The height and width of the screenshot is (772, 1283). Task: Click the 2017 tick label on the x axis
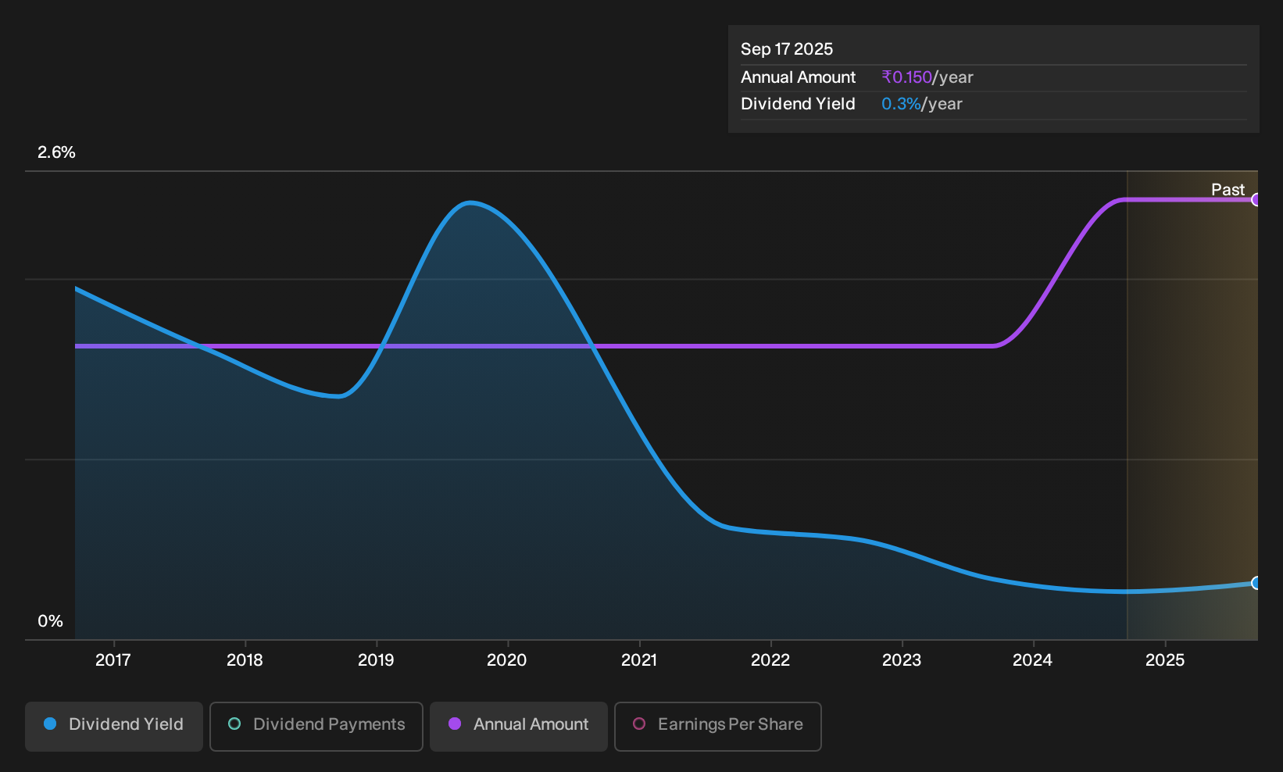[113, 659]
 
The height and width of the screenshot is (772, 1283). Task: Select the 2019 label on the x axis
[377, 659]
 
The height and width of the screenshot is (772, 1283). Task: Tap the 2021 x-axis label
[639, 659]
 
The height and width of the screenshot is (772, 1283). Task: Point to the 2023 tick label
[902, 659]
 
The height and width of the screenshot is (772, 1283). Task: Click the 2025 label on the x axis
[1165, 659]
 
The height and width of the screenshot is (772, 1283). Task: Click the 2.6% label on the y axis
[56, 152]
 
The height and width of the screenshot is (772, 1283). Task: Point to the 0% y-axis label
[51, 621]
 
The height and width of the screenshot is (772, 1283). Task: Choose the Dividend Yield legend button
[114, 726]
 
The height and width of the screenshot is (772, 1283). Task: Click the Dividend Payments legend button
[316, 726]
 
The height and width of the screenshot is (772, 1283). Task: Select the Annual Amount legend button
[518, 726]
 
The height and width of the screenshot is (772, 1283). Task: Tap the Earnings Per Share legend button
[717, 726]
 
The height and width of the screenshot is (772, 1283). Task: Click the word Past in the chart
[1228, 190]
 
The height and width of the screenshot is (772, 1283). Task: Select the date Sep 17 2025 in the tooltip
[786, 49]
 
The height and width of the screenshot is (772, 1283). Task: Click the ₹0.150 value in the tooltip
[906, 77]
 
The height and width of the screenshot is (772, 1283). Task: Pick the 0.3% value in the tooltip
[901, 104]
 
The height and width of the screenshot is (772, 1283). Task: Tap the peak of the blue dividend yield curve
[470, 202]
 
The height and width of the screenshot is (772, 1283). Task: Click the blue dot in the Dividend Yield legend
[51, 724]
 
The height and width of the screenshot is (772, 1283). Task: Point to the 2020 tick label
[507, 659]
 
